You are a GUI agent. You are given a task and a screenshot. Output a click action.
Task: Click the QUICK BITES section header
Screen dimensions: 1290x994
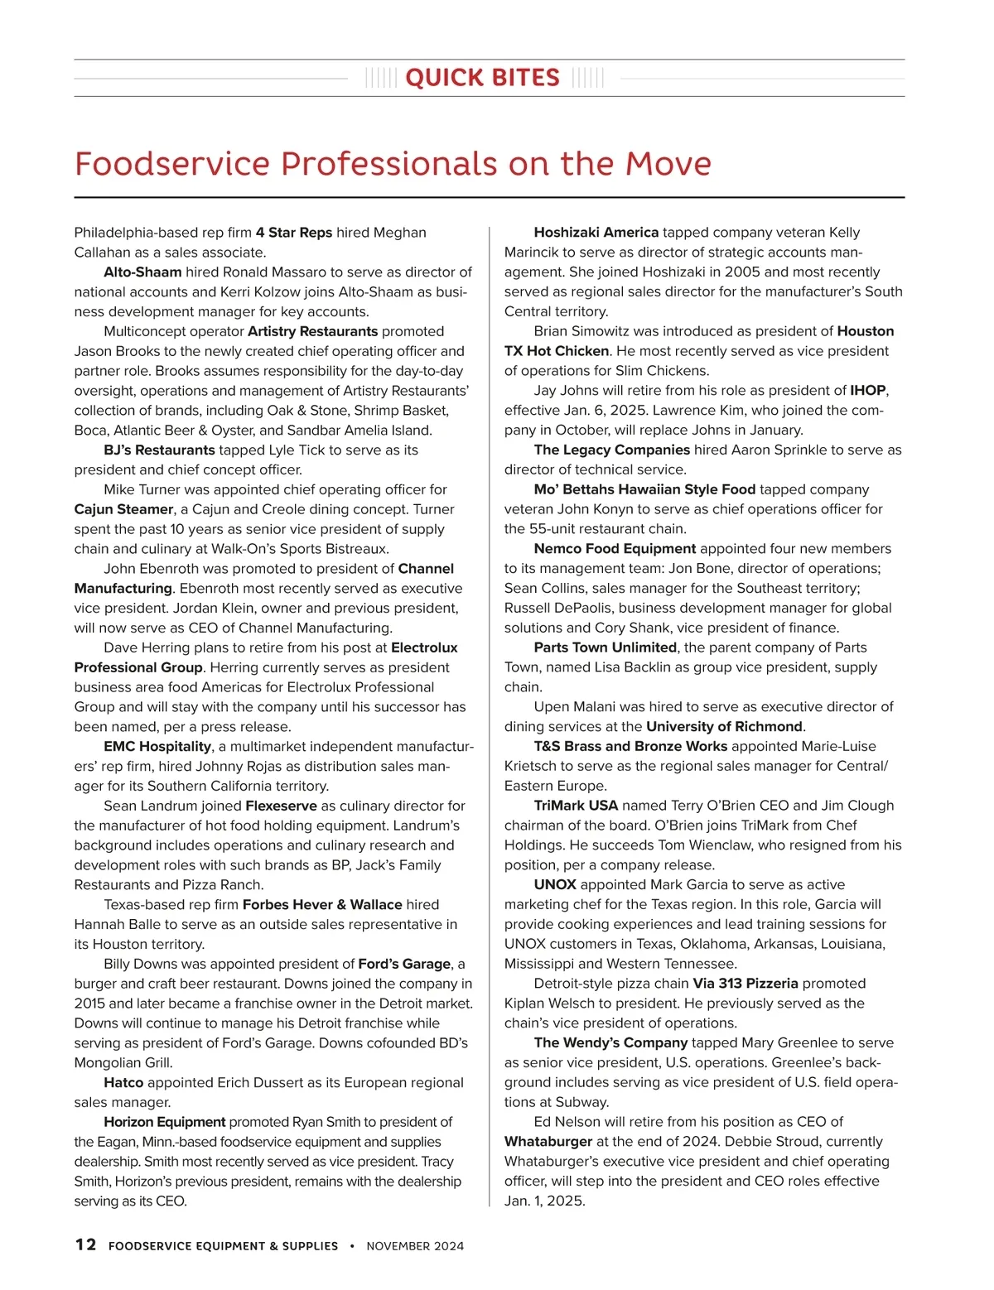tap(483, 78)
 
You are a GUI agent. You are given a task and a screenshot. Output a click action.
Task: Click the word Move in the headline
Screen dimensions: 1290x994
tap(668, 164)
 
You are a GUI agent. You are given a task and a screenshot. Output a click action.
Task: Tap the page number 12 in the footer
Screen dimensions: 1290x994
tap(85, 1244)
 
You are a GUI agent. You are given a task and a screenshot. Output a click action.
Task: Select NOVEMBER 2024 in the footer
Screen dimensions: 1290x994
tap(415, 1245)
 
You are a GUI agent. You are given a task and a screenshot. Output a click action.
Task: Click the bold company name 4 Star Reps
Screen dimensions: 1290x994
tap(294, 233)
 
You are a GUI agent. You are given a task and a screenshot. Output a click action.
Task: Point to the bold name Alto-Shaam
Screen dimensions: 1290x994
tap(142, 272)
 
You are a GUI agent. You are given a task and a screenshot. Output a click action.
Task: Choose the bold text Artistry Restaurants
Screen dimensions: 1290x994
tap(312, 331)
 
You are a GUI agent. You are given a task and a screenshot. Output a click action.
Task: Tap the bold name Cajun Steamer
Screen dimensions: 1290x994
tap(123, 509)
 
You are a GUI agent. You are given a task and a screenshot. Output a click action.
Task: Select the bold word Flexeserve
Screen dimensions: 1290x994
tap(281, 806)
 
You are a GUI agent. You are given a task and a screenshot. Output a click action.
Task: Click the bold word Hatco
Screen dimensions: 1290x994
tap(123, 1083)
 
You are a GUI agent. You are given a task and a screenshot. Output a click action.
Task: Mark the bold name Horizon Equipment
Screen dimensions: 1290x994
tap(164, 1122)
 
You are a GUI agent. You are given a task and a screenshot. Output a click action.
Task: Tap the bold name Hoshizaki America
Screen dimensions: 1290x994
tap(596, 233)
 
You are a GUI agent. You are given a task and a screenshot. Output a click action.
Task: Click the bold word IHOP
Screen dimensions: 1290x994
tap(868, 391)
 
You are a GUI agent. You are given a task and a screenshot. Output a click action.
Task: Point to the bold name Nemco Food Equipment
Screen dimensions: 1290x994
tap(615, 549)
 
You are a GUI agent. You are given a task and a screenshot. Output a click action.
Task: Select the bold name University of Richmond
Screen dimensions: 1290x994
tap(724, 727)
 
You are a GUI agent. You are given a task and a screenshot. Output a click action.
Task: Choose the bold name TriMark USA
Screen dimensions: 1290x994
tap(576, 806)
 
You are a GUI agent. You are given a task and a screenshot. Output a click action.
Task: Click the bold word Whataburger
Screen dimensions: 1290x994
tap(548, 1142)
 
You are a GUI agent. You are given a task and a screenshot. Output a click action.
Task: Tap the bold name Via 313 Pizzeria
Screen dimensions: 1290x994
tap(745, 984)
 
